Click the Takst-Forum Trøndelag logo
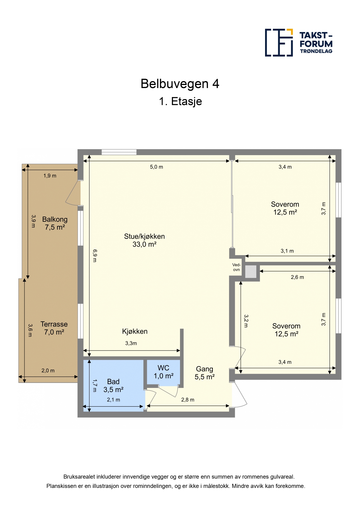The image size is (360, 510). pos(299,43)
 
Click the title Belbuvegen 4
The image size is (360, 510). pos(180,84)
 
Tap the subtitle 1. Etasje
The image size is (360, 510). pos(180,101)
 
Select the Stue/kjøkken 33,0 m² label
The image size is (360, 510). pos(144,240)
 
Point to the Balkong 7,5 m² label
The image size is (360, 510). pos(55,223)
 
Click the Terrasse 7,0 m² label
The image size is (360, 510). pos(54,328)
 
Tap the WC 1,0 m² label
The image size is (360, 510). pos(163,372)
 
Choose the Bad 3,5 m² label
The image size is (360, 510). pos(113,386)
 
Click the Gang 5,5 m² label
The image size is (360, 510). pos(204,373)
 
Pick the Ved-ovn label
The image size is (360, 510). pos(236,267)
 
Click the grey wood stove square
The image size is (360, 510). pos(251,272)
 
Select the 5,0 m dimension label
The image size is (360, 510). pos(156,167)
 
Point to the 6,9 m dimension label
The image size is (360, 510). pos(95,256)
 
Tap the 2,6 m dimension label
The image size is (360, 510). pos(297,277)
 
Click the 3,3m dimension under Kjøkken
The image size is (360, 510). pos(131,343)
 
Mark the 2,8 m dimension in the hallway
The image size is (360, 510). pos(188,400)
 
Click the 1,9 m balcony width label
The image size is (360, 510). pos(50,176)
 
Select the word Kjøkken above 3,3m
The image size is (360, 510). pos(135,332)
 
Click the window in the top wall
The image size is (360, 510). pos(119,152)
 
